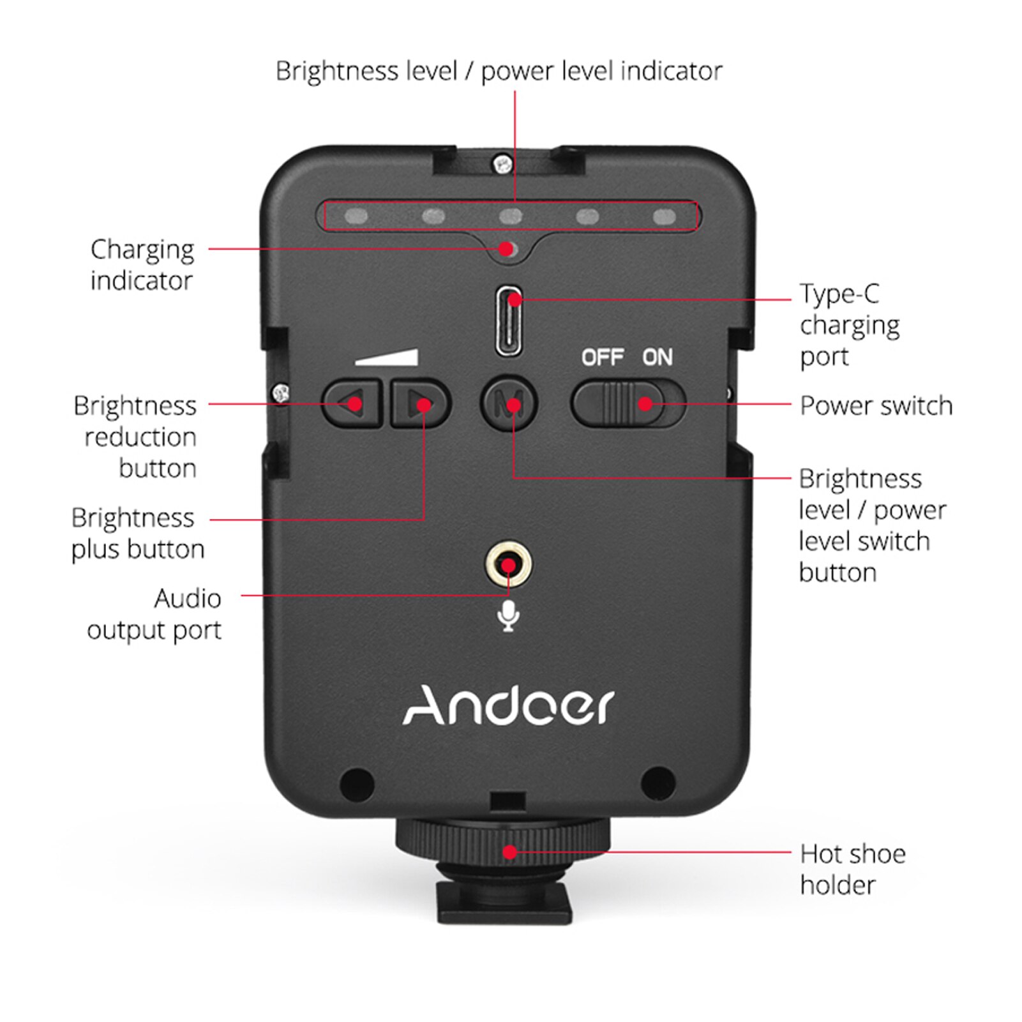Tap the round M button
pyautogui.click(x=509, y=403)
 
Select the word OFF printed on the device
pyautogui.click(x=602, y=357)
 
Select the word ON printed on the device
pyautogui.click(x=658, y=357)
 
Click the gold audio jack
pyautogui.click(x=508, y=565)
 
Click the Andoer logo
pyautogui.click(x=508, y=706)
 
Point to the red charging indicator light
pyautogui.click(x=507, y=248)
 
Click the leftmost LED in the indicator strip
pyautogui.click(x=356, y=216)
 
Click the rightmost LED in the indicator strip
pyautogui.click(x=665, y=216)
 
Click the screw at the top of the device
pyautogui.click(x=503, y=164)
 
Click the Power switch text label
pyautogui.click(x=876, y=406)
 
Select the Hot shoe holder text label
pyautogui.click(x=852, y=869)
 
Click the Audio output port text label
pyautogui.click(x=154, y=614)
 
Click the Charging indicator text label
pyautogui.click(x=142, y=264)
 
